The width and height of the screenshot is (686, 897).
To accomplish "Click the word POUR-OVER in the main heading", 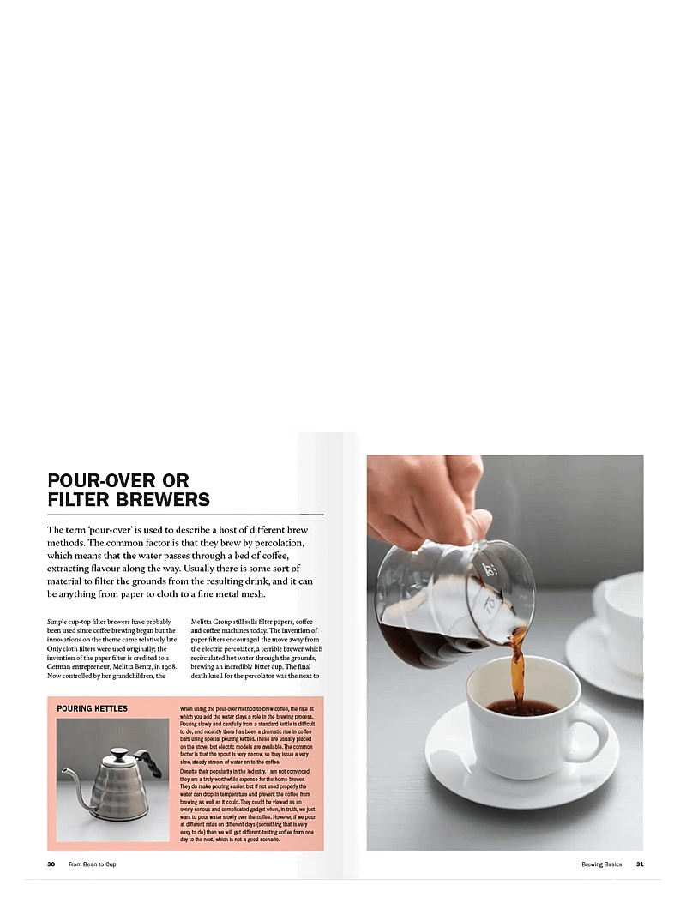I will pos(94,480).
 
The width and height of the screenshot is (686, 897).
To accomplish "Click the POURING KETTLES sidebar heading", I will pos(92,709).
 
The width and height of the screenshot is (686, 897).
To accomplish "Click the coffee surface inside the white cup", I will pos(521,707).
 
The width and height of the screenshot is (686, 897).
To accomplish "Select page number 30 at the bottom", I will pos(51,864).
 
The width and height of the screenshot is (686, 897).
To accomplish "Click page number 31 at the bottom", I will pos(639,864).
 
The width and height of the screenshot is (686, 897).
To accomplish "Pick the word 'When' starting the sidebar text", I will pos(188,709).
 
